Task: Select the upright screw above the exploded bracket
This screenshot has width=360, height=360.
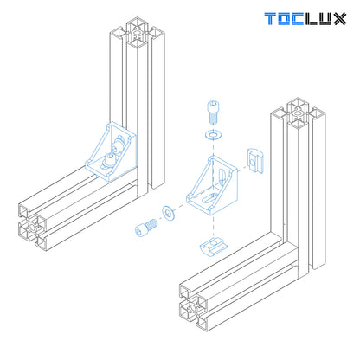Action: point(212,112)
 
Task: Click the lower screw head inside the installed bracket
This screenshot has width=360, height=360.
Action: point(107,160)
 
